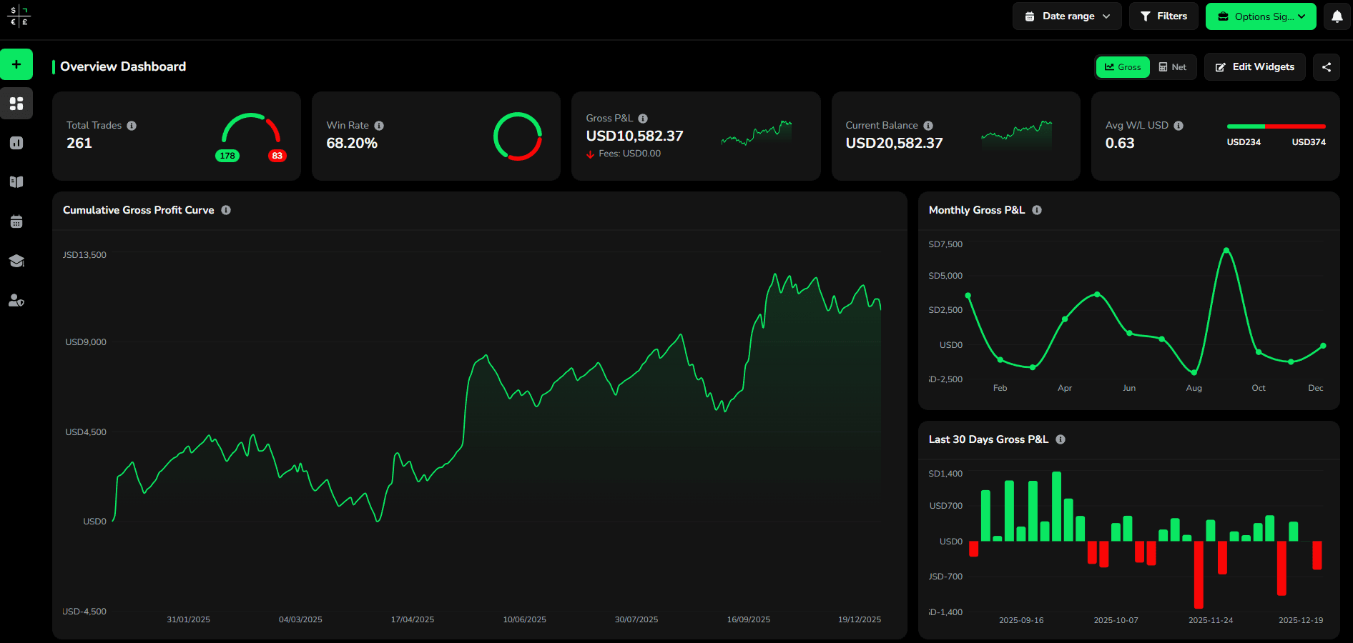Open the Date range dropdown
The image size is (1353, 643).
click(1066, 16)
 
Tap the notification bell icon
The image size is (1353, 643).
click(1337, 16)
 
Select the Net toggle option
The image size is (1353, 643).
click(1173, 67)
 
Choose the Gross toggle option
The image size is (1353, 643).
click(1123, 67)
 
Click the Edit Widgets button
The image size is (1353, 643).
click(1254, 67)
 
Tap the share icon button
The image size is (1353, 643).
click(1327, 67)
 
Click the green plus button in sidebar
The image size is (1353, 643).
click(16, 64)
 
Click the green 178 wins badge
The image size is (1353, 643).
click(227, 156)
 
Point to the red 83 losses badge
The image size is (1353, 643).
click(277, 156)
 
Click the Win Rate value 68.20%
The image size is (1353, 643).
click(352, 143)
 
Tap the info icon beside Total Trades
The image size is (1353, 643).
click(132, 126)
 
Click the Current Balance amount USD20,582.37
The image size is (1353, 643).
click(894, 143)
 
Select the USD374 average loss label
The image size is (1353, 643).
click(1308, 142)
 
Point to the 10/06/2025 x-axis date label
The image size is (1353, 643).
click(524, 619)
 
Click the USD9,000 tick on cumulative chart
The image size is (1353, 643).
click(86, 342)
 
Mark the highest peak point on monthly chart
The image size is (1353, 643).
click(1226, 250)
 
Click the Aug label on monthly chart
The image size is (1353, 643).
click(1194, 388)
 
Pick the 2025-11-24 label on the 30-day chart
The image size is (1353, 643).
click(1210, 620)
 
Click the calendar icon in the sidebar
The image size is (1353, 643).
click(16, 221)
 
